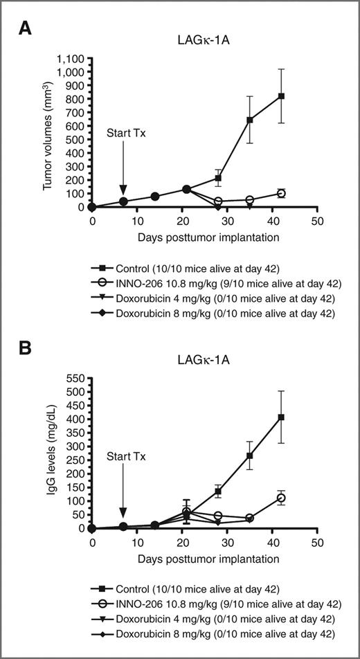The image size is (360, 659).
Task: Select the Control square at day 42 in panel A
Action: [281, 96]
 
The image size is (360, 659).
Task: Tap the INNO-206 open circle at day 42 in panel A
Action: [281, 193]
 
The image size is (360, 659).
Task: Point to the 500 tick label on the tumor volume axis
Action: [78, 139]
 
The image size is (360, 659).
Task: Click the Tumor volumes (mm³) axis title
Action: [48, 132]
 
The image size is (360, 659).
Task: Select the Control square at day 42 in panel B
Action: [281, 417]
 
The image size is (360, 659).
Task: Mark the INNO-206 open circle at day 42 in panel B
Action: [281, 498]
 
